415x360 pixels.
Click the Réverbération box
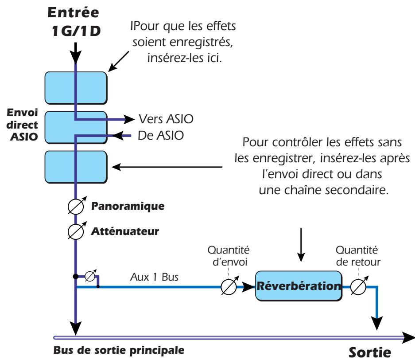(299, 287)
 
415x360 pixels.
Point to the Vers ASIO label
(162, 119)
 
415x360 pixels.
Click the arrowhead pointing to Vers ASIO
(129, 119)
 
